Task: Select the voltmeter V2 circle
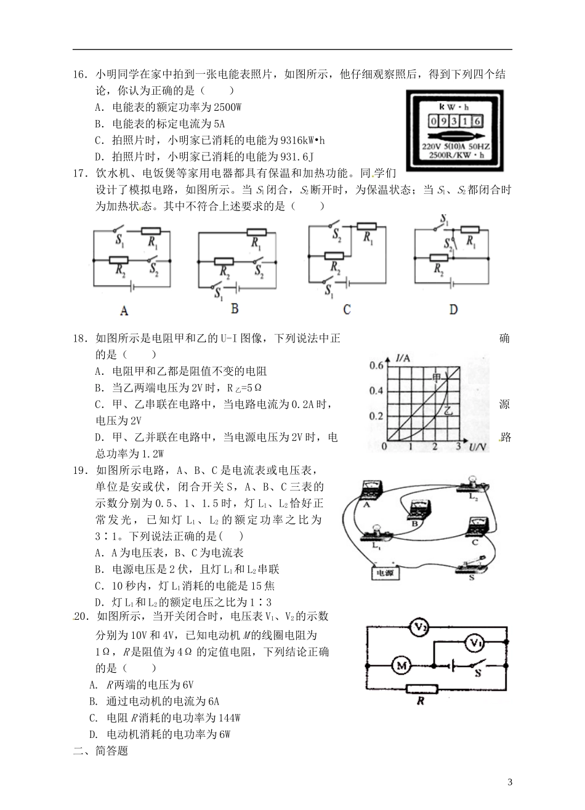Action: click(421, 627)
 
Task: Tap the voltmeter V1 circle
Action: click(473, 644)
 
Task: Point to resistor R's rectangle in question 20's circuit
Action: click(421, 689)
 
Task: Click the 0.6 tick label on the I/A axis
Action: click(376, 366)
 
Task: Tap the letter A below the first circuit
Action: click(124, 311)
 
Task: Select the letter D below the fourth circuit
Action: click(453, 310)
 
